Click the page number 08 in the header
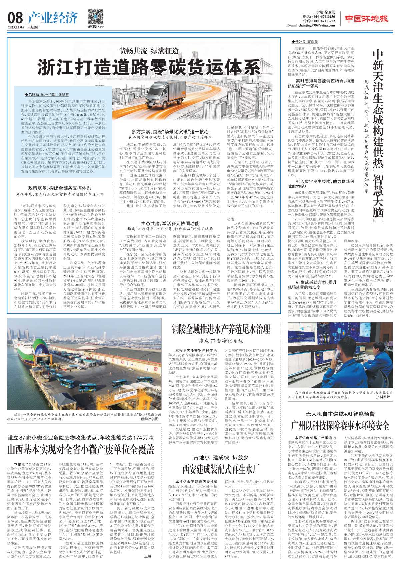click(15, 18)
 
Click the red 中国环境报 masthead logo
click(366, 19)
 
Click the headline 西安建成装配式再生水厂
click(221, 469)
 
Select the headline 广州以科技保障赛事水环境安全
click(340, 425)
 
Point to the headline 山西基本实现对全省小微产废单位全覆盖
click(81, 449)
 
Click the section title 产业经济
click(53, 18)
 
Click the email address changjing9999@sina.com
click(310, 26)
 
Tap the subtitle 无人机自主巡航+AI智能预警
click(340, 414)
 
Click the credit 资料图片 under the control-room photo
click(383, 397)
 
